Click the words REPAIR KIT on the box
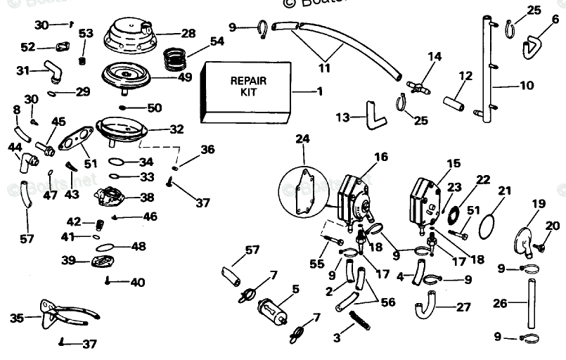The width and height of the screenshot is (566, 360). coord(248,86)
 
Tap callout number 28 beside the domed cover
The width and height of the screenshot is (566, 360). coord(188,33)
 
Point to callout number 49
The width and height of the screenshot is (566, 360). coord(184,77)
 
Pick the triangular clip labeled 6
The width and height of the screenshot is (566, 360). coord(535,45)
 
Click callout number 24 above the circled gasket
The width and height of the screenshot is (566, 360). coord(302,139)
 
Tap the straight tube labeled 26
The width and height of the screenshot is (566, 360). coord(532,302)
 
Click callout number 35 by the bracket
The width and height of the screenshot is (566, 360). coord(16,318)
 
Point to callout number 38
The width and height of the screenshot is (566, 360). coord(147,198)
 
